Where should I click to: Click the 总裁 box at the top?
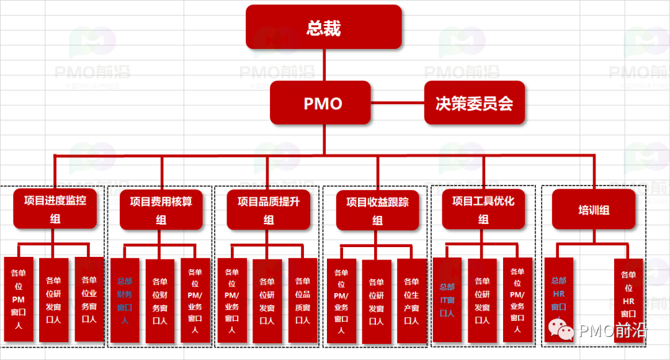(324, 27)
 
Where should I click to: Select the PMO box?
(323, 102)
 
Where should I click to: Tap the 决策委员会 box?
(475, 102)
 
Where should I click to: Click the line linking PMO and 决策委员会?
(398, 102)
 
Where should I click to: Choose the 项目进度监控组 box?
(55, 209)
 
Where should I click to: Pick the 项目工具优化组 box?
(483, 210)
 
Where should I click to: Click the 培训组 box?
(594, 210)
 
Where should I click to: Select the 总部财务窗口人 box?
(125, 300)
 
